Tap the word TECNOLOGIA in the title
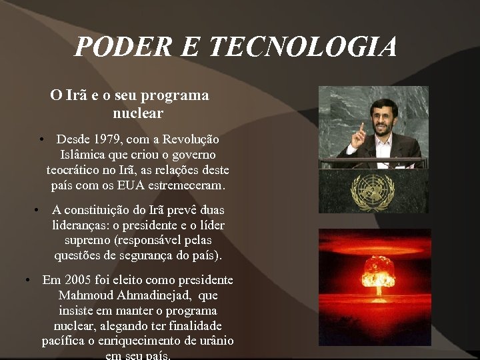click(x=303, y=47)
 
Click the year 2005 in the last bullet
click(x=79, y=280)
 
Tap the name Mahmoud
click(x=83, y=295)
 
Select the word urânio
click(x=215, y=341)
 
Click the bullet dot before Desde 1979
click(x=41, y=140)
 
